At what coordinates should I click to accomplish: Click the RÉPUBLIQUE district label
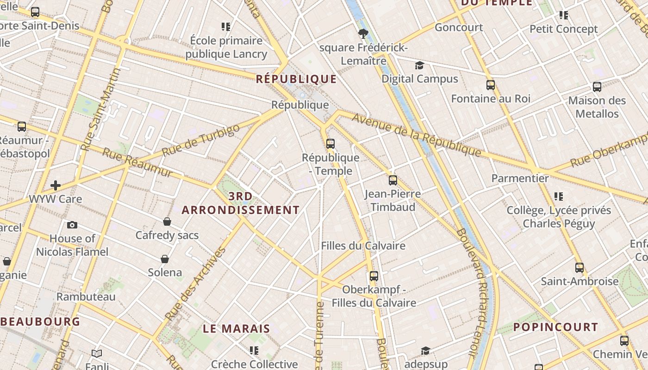point(296,79)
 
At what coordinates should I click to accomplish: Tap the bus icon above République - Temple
point(330,143)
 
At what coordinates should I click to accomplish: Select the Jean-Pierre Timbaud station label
point(393,200)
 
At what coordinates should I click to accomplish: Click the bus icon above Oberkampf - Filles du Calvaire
point(374,276)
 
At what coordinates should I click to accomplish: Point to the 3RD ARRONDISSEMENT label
point(241,203)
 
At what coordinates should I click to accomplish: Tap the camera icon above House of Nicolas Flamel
point(72,225)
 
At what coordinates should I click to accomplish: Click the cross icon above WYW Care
point(56,185)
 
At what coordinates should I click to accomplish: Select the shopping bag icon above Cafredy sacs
point(167,222)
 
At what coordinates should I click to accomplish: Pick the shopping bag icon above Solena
point(164,259)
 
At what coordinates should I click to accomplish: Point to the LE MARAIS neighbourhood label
point(237,329)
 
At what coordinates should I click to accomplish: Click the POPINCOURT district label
point(555,327)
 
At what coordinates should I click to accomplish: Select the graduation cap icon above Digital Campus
point(419,65)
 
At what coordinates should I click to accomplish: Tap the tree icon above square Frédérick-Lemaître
point(363,33)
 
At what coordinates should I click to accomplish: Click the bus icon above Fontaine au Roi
point(491,85)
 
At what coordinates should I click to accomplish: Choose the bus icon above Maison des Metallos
point(597,86)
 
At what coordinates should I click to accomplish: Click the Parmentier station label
point(520,178)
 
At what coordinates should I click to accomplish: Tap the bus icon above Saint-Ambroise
point(579,267)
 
